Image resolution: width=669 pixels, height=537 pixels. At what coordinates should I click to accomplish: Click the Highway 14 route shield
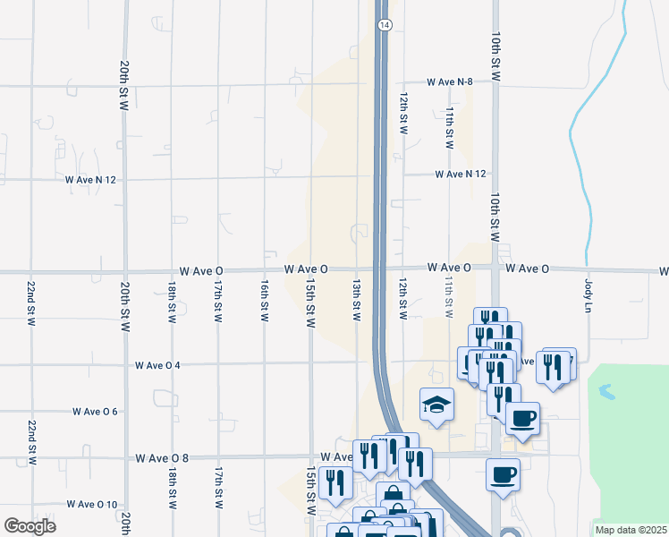click(x=384, y=26)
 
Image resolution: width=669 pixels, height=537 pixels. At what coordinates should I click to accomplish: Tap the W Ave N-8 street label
click(x=449, y=81)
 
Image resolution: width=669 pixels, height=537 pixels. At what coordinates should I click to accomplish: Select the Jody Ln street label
click(x=589, y=294)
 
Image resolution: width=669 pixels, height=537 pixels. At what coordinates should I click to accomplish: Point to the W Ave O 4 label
click(x=157, y=365)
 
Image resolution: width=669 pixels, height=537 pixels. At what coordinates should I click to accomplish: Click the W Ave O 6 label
click(x=96, y=412)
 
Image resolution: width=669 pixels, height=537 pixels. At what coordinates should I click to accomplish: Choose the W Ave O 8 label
click(x=162, y=457)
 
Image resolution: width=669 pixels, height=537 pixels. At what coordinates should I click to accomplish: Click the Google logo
click(x=30, y=526)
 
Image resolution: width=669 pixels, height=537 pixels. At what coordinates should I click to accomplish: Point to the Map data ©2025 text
click(x=631, y=530)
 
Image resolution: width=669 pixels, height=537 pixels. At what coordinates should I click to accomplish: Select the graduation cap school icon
click(x=436, y=405)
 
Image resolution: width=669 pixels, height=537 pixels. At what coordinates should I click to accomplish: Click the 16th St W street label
click(x=265, y=300)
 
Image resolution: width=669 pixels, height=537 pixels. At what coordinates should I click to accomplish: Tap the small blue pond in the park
click(x=606, y=391)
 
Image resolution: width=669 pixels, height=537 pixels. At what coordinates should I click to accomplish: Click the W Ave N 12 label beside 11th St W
click(x=461, y=174)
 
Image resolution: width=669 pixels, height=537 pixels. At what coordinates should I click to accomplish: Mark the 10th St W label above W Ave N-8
click(x=495, y=53)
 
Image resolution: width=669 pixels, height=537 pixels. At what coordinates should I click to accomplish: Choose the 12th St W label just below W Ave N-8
click(x=404, y=113)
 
